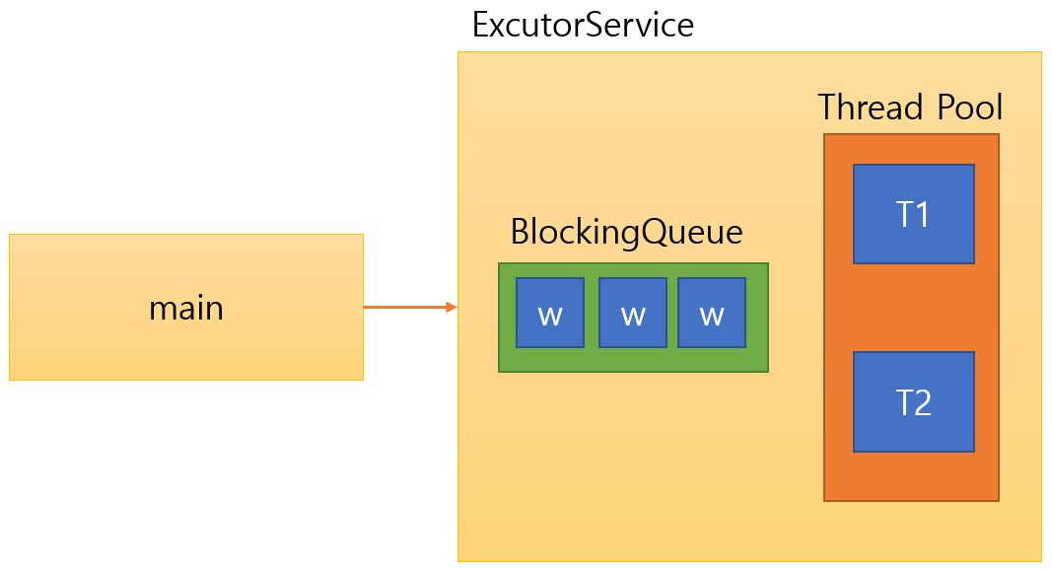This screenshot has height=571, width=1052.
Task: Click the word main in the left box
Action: pyautogui.click(x=186, y=309)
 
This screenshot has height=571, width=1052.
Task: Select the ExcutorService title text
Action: pyautogui.click(x=583, y=25)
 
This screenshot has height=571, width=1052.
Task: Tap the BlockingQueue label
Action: pyautogui.click(x=626, y=233)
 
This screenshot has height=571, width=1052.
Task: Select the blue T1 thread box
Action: pyautogui.click(x=913, y=214)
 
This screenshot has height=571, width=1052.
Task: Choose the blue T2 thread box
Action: pyautogui.click(x=913, y=401)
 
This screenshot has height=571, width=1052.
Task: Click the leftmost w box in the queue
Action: pyautogui.click(x=550, y=313)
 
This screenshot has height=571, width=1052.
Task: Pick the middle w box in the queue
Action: pyautogui.click(x=633, y=313)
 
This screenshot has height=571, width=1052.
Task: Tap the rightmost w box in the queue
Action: pyautogui.click(x=711, y=313)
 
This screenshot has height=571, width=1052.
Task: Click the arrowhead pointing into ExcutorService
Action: pyautogui.click(x=452, y=308)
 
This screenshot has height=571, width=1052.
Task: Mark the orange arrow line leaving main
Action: pyautogui.click(x=404, y=308)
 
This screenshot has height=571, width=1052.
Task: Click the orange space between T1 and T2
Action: pyautogui.click(x=913, y=308)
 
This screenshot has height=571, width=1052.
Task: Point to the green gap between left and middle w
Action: pyautogui.click(x=592, y=313)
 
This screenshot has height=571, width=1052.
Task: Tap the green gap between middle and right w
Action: pyautogui.click(x=671, y=313)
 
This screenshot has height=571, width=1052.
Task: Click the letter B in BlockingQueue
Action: pyautogui.click(x=521, y=233)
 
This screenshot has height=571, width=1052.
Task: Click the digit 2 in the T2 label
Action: pyautogui.click(x=924, y=402)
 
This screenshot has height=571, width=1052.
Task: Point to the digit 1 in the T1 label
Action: pyautogui.click(x=924, y=215)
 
